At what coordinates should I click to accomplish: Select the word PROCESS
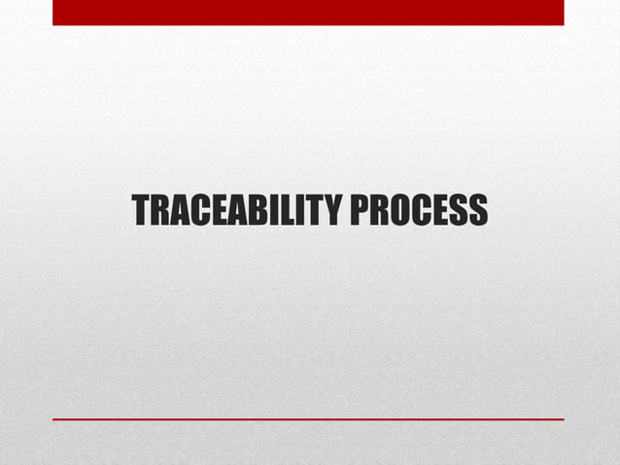(419, 210)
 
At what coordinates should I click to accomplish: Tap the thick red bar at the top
(308, 13)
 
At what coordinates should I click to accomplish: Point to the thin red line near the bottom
(308, 419)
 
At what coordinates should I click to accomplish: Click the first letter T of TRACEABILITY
(141, 210)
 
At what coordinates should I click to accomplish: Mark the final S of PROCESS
(477, 210)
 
